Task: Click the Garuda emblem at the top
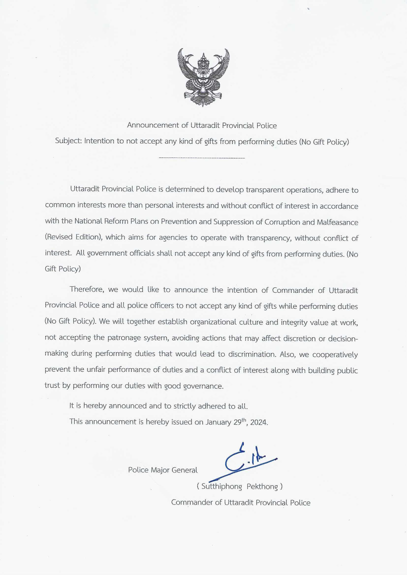tap(203, 77)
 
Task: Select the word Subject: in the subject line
tap(68, 141)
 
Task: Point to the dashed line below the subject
tap(202, 158)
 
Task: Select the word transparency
tap(269, 238)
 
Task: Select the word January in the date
tap(218, 422)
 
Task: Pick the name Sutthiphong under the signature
tap(221, 486)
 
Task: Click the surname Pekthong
tap(262, 486)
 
